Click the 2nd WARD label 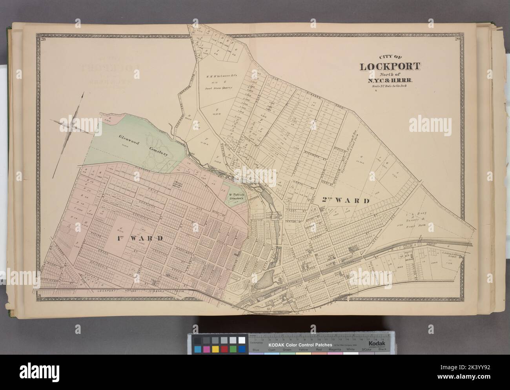point(346,201)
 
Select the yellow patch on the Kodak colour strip point(216,349)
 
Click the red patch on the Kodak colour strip point(224,349)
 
